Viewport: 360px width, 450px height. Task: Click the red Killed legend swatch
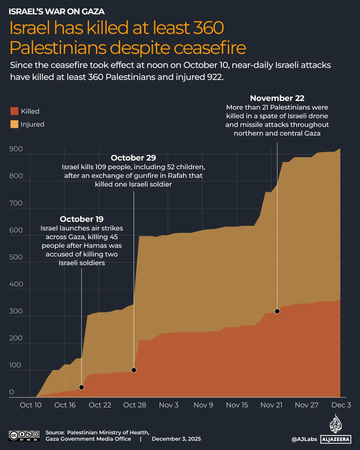click(x=14, y=111)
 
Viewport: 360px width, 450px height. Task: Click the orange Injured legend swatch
click(x=14, y=124)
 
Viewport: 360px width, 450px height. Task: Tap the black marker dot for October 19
click(x=82, y=387)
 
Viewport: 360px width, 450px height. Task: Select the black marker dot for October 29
click(x=134, y=370)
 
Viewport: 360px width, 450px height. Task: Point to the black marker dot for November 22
click(x=277, y=311)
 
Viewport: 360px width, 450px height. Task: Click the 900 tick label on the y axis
click(x=16, y=149)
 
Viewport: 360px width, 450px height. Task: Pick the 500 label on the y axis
click(x=16, y=257)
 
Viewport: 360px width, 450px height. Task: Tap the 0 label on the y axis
click(x=12, y=392)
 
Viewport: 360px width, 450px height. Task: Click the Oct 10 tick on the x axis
click(x=31, y=405)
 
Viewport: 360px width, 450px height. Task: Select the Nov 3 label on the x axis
click(x=169, y=405)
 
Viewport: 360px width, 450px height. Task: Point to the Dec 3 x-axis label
click(x=341, y=405)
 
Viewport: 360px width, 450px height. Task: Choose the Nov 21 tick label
click(x=271, y=405)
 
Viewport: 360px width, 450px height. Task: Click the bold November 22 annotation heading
click(x=277, y=98)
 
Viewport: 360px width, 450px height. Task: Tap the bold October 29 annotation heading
click(x=134, y=158)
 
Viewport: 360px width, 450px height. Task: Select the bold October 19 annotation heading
click(x=82, y=219)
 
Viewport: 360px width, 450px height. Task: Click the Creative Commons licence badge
click(x=24, y=436)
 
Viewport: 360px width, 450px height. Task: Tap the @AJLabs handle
click(x=304, y=439)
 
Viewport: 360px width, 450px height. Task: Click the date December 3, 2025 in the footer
click(x=176, y=439)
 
